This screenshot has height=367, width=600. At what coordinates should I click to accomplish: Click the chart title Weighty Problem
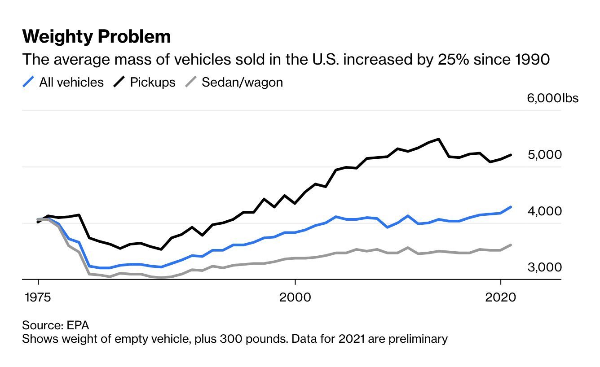pos(97,37)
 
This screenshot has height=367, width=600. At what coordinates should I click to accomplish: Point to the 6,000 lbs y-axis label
pos(552,98)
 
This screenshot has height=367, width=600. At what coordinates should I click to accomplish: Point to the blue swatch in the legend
pos(28,82)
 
